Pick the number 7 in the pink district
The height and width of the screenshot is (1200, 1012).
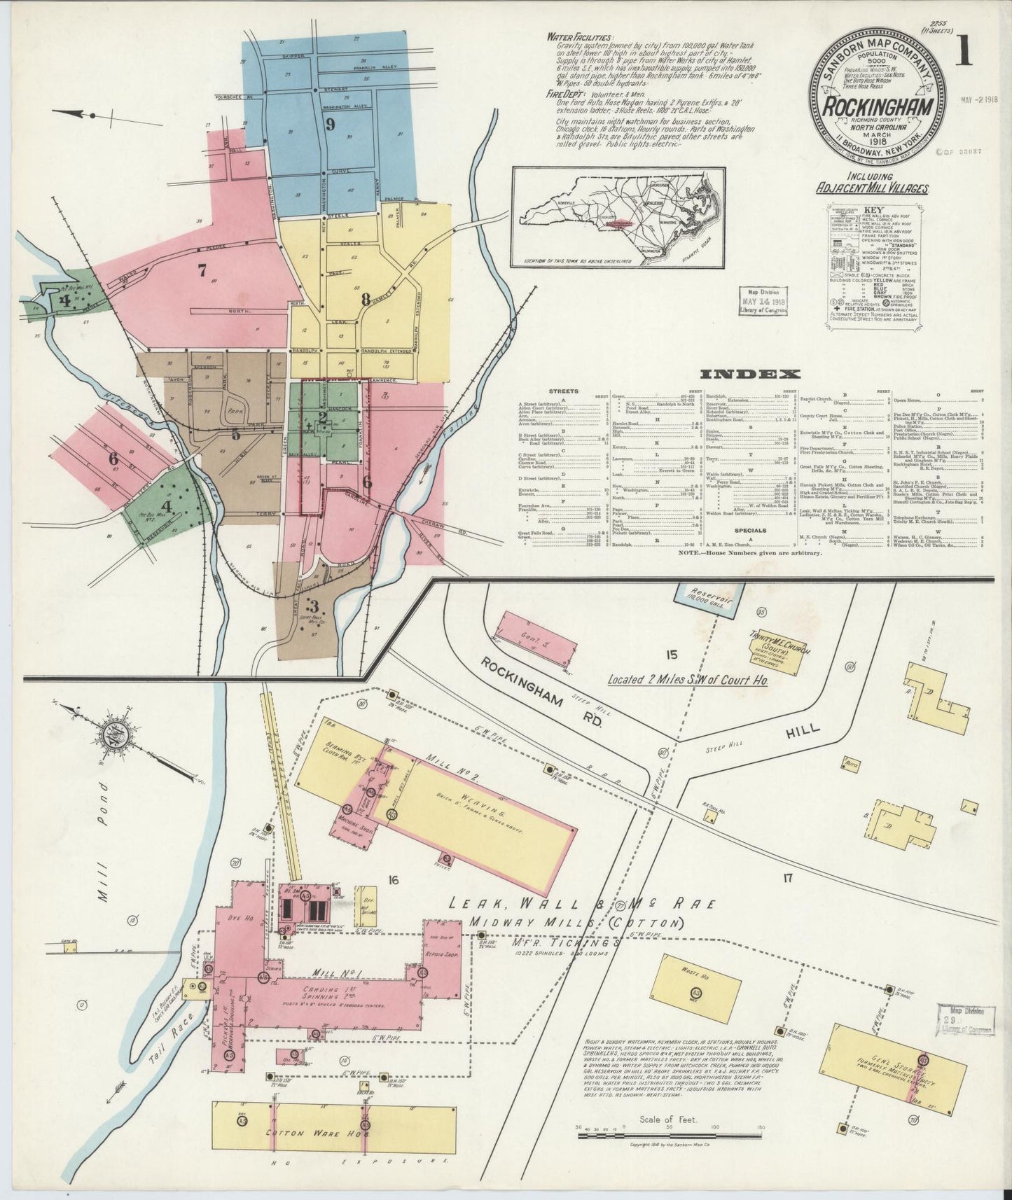tap(202, 270)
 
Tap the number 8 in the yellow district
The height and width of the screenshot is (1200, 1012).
tap(365, 299)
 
